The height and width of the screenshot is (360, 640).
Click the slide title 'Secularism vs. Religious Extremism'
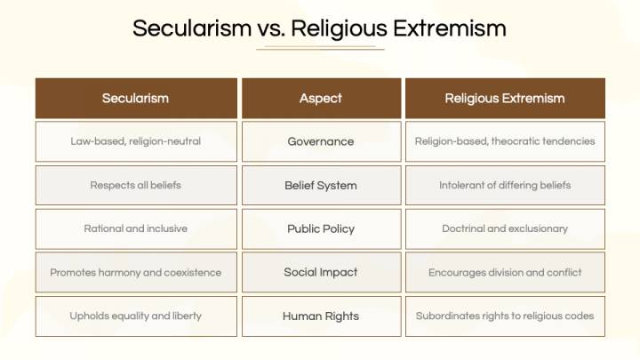(319, 28)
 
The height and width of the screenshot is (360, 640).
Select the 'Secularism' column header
(135, 98)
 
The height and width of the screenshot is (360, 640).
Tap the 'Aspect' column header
(320, 98)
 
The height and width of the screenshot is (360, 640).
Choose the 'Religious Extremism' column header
(504, 98)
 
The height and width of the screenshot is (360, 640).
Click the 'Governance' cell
(320, 141)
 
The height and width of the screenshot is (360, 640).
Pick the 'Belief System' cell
(320, 185)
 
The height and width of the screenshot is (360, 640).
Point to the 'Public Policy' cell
(320, 228)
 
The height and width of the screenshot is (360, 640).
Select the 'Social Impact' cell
(320, 272)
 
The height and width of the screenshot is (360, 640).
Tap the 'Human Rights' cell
(320, 316)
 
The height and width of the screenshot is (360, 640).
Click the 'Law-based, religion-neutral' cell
(135, 141)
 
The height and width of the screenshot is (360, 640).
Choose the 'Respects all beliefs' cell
(135, 185)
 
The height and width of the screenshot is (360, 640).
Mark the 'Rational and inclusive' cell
(135, 228)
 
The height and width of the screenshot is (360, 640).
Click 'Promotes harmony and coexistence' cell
(135, 272)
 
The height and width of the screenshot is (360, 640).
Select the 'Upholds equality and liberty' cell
(135, 316)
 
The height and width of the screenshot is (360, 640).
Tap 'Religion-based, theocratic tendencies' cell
(504, 141)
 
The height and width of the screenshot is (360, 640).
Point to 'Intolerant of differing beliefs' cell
(504, 185)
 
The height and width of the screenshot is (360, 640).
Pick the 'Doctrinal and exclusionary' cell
(504, 228)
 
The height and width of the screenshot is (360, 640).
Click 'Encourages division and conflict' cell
(504, 272)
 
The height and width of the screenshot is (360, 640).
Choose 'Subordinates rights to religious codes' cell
(504, 316)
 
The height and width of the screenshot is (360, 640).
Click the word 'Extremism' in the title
(450, 28)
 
